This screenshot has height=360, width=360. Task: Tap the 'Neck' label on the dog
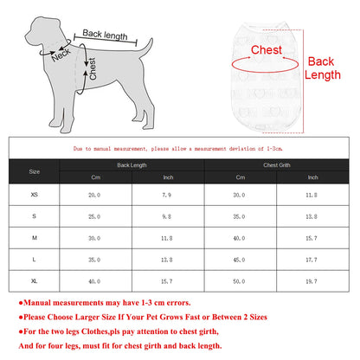[x=61, y=55]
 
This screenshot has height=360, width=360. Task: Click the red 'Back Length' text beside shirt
[x=321, y=68]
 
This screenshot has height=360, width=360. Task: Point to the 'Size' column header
[x=34, y=171]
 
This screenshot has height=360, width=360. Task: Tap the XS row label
[x=34, y=196]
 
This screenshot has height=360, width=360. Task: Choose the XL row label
[x=34, y=281]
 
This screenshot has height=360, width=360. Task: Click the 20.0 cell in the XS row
[x=94, y=196]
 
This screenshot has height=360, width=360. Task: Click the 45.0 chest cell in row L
[x=239, y=260]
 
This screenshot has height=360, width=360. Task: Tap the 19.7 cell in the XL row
[x=312, y=281]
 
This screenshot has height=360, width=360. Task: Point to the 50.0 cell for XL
[x=239, y=281]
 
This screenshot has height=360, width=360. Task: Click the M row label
[x=34, y=238]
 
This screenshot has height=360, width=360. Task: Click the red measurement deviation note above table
[x=179, y=148]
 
